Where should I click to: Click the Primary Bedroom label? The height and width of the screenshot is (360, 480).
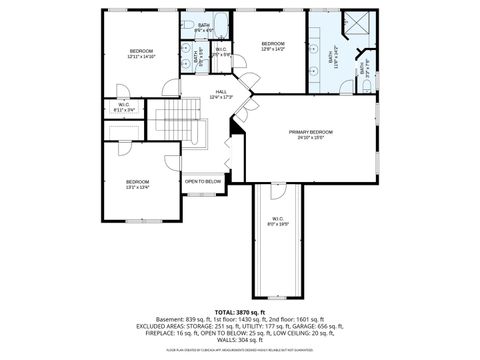310,132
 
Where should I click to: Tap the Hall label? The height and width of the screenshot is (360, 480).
220,92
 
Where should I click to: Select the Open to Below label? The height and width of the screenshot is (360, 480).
203,181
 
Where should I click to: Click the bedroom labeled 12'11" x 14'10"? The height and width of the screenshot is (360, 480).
140,52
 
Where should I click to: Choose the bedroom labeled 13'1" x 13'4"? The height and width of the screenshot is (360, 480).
137,183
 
